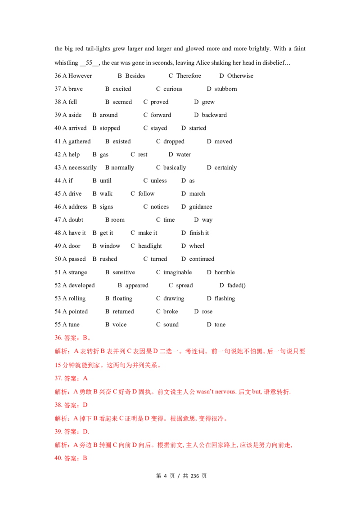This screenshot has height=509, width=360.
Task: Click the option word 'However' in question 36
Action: click(x=80, y=76)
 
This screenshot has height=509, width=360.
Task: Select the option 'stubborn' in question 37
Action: click(x=225, y=89)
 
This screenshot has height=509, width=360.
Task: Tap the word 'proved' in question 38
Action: click(x=160, y=102)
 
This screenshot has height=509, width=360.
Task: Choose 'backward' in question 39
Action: click(x=215, y=115)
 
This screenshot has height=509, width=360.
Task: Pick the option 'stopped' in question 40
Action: click(x=110, y=128)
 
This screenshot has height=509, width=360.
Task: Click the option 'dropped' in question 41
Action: click(x=174, y=142)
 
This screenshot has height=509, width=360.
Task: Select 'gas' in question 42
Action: click(x=104, y=155)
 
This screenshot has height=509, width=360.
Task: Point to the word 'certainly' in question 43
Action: click(x=225, y=168)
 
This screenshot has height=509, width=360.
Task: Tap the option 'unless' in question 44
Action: click(x=158, y=180)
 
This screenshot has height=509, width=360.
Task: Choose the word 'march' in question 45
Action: click(x=197, y=194)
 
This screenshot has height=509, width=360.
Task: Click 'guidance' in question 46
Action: click(x=200, y=207)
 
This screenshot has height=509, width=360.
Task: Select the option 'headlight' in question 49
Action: click(x=150, y=246)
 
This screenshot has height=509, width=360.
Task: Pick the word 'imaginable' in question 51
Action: click(x=177, y=272)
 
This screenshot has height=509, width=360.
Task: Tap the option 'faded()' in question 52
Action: click(x=237, y=286)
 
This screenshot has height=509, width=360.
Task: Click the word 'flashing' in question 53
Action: click(x=225, y=298)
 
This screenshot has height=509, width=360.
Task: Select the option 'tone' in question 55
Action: click(x=220, y=325)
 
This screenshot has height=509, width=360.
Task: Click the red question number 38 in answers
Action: click(x=58, y=405)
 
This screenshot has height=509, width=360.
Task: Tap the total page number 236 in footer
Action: click(x=194, y=476)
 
